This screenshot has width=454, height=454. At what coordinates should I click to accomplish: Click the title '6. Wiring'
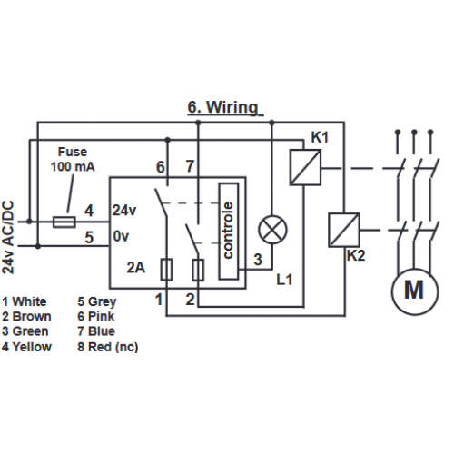[223, 107]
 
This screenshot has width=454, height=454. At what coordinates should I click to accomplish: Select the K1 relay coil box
[305, 167]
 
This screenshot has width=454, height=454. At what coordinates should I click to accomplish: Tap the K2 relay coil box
[344, 230]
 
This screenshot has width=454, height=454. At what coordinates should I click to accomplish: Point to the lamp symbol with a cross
[272, 230]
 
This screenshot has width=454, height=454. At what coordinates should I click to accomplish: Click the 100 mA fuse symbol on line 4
[64, 222]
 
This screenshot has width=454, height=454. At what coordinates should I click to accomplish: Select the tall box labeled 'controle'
[229, 231]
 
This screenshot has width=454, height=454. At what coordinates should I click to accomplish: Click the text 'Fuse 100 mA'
[73, 159]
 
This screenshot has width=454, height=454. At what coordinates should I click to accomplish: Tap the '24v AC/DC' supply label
[8, 237]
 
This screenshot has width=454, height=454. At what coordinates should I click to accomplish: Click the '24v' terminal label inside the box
[124, 210]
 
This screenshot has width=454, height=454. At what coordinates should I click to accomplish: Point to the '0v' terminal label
[121, 236]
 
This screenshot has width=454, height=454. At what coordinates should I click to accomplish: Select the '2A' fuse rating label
[136, 268]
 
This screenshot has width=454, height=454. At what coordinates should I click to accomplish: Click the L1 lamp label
[284, 280]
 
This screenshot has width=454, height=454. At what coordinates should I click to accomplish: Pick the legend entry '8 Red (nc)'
[108, 347]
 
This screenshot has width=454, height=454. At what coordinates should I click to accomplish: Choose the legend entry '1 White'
[25, 301]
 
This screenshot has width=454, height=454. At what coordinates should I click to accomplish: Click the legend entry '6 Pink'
[96, 317]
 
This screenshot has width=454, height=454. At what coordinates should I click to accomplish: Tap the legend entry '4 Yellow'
[26, 347]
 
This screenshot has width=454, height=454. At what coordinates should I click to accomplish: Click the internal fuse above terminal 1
[166, 270]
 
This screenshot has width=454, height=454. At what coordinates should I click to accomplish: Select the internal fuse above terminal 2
[198, 270]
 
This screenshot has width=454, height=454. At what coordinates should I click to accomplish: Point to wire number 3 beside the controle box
[258, 260]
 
